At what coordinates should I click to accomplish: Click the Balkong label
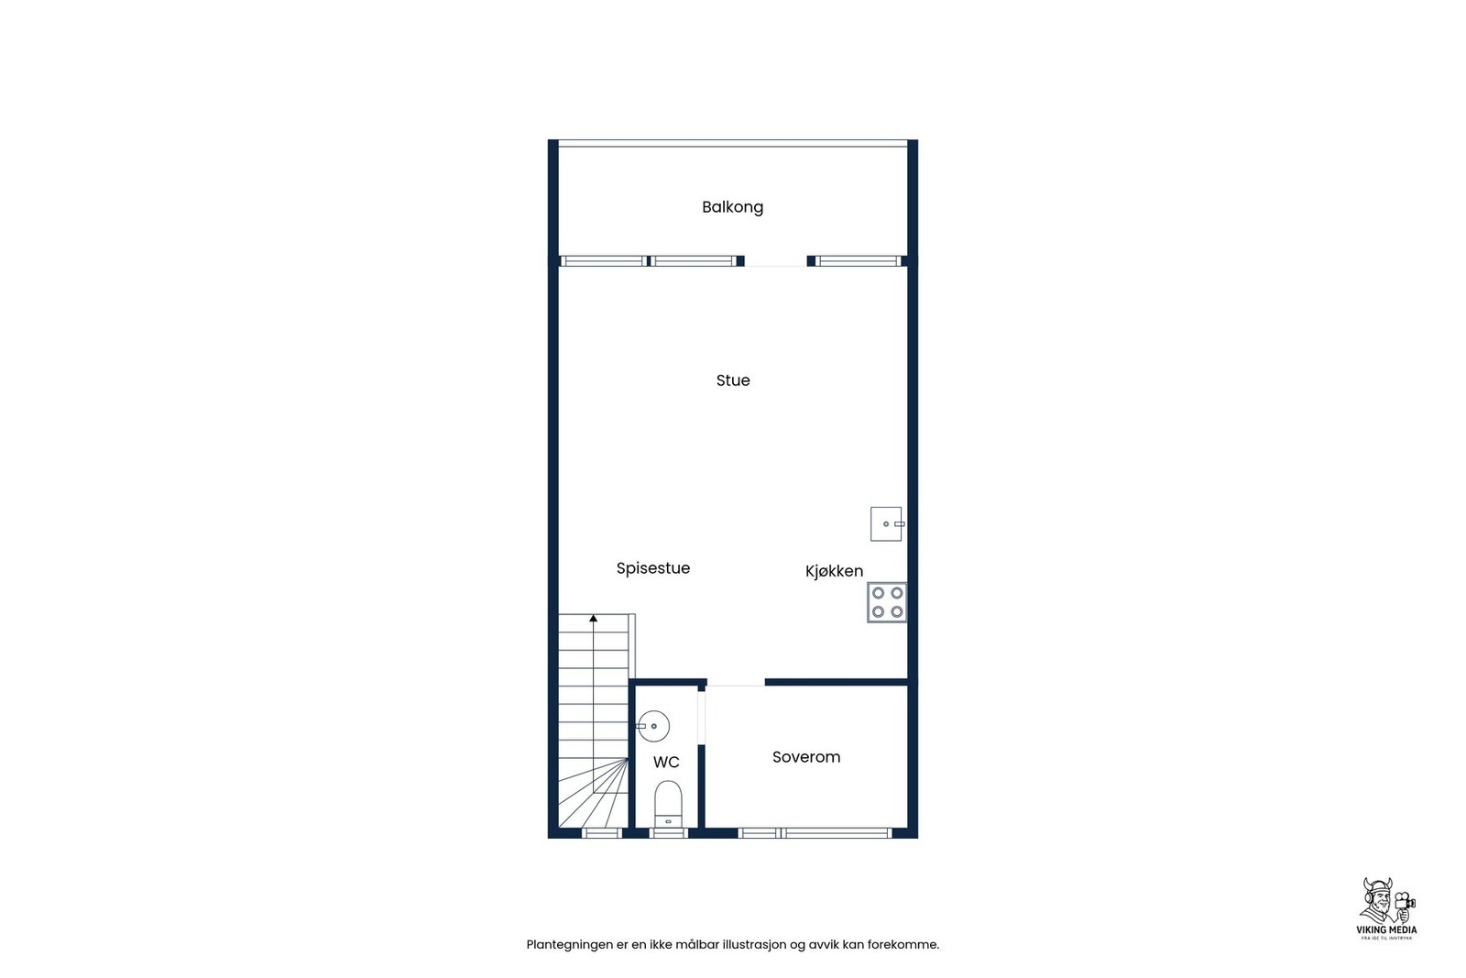[x=732, y=207]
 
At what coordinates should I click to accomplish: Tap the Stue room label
[x=733, y=380]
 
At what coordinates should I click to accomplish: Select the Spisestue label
[x=652, y=568]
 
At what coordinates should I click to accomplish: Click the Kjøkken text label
[x=834, y=571]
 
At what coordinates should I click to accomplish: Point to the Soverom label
[x=805, y=757]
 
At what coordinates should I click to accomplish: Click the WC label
[x=666, y=763]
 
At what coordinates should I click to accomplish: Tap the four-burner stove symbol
[x=887, y=602]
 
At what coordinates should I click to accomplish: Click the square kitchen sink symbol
[x=886, y=523]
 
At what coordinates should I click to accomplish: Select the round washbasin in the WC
[x=653, y=726]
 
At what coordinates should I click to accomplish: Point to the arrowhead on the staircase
[x=593, y=619]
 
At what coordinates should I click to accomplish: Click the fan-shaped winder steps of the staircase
[x=600, y=797]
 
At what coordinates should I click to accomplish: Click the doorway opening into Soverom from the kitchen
[x=736, y=683]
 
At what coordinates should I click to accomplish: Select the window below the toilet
[x=668, y=833]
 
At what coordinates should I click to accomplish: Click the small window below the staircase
[x=602, y=833]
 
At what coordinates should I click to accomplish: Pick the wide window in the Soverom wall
[x=836, y=833]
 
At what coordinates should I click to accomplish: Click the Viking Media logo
[x=1385, y=908]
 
